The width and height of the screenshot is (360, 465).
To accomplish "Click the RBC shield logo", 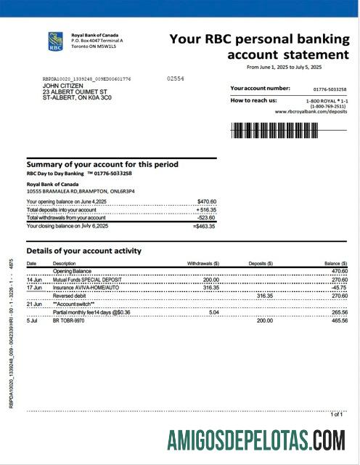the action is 56,41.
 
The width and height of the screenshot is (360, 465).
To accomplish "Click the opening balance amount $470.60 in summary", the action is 206,201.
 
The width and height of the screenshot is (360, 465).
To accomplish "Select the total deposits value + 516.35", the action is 206,209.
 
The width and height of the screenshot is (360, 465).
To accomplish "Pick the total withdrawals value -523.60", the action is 205,217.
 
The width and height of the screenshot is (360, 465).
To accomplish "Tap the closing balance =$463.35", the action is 204,226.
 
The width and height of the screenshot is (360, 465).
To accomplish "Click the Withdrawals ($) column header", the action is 203,263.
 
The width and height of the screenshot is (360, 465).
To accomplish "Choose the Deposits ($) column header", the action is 261,263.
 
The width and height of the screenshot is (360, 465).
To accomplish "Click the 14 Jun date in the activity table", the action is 34,279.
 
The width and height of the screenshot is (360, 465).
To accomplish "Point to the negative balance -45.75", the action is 337,287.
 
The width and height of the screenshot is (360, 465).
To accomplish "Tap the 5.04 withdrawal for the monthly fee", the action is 213,312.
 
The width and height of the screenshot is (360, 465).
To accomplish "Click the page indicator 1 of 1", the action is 337,414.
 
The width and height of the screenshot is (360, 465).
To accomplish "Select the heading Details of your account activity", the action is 83,251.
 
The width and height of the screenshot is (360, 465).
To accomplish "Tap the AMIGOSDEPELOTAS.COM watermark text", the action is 256,440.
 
